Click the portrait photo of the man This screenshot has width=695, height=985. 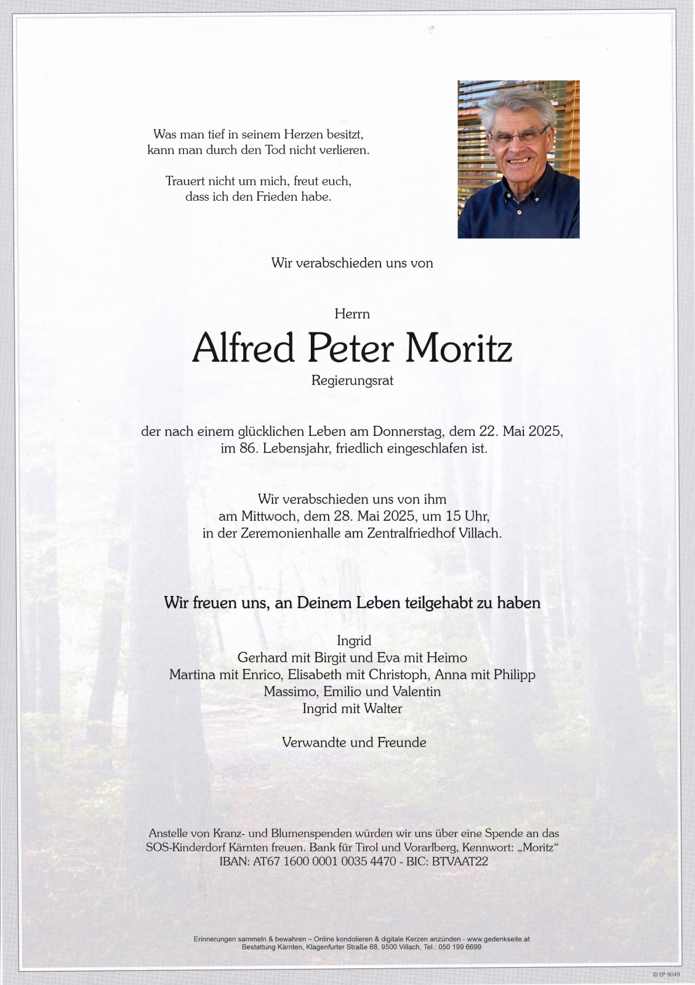518,159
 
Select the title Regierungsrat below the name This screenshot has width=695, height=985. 352,380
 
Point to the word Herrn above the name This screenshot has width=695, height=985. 352,314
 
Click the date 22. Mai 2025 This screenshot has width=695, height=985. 521,432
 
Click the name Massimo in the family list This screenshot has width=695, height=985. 287,691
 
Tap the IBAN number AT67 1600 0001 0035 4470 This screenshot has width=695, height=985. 324,861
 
